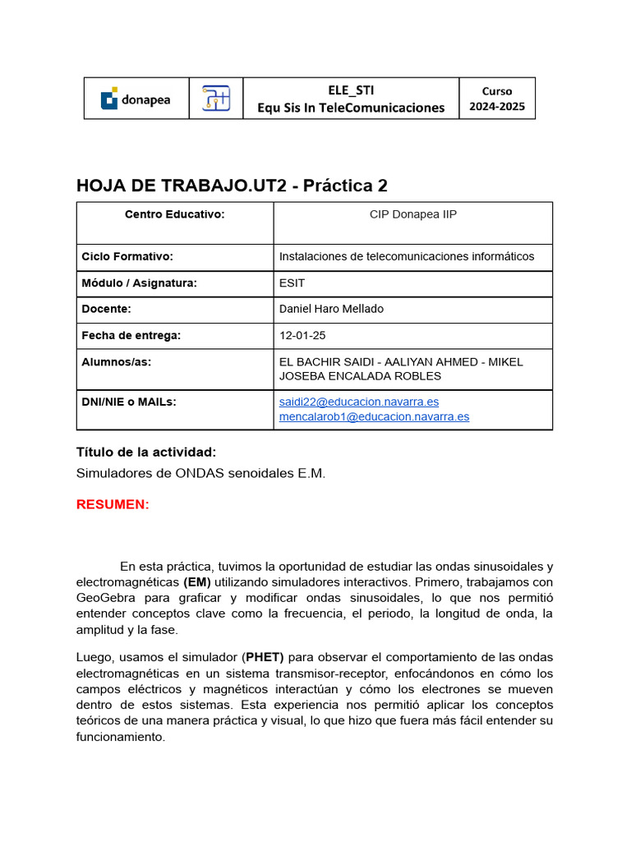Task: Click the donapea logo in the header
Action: (136, 99)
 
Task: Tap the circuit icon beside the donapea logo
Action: (216, 99)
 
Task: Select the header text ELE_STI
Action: (351, 90)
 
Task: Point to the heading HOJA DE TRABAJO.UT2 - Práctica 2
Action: (232, 186)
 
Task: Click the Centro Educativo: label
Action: (174, 214)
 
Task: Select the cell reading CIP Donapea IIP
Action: (412, 214)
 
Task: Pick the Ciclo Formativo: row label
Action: (127, 256)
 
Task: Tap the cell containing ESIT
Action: (292, 283)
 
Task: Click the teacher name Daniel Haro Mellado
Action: (331, 309)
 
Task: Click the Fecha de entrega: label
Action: (131, 335)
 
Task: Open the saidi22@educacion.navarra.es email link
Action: (359, 402)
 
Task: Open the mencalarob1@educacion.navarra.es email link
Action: (374, 416)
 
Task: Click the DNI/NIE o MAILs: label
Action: (129, 402)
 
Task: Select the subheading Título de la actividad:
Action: (146, 452)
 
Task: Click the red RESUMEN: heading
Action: (113, 504)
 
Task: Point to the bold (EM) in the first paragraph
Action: (196, 582)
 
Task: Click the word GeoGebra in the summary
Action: (103, 598)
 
